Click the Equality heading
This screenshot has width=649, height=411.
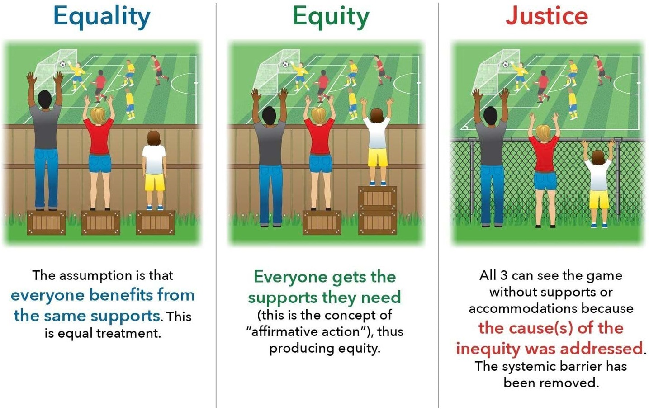click(102, 17)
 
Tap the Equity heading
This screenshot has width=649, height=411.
click(331, 17)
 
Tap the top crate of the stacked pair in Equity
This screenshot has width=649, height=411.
click(377, 197)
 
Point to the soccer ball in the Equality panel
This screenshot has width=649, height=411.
click(62, 65)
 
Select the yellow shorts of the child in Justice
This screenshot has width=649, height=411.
click(599, 199)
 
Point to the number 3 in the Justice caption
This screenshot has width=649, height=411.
click(503, 275)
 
